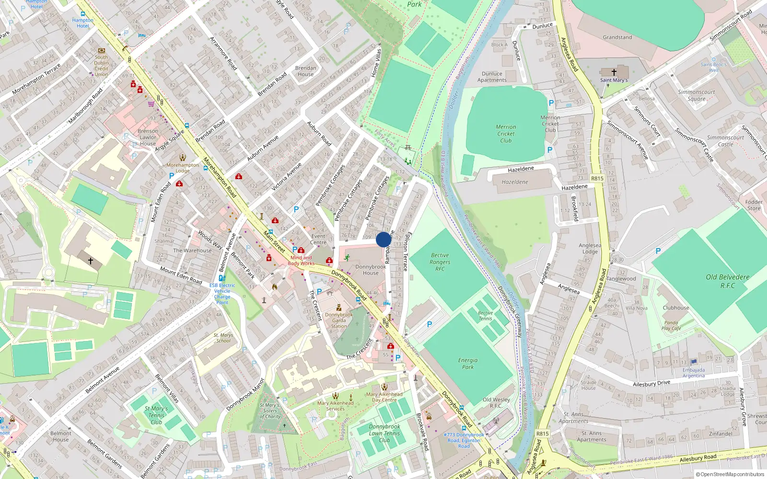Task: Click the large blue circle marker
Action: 383,239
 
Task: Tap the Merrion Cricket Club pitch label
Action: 506,134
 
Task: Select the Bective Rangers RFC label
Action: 440,262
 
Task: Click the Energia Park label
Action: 467,364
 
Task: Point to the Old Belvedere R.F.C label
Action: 727,281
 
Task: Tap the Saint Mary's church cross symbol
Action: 614,72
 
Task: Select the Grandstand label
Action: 617,37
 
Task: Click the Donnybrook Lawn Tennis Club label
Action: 384,433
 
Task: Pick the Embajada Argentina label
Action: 694,373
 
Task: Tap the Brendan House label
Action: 305,71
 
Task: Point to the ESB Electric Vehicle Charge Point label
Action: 222,294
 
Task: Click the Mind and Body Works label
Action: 301,261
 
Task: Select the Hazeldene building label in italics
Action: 514,182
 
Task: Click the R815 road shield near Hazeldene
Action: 597,178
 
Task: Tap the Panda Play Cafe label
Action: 671,326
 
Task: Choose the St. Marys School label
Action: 223,338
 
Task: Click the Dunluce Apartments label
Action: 492,77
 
